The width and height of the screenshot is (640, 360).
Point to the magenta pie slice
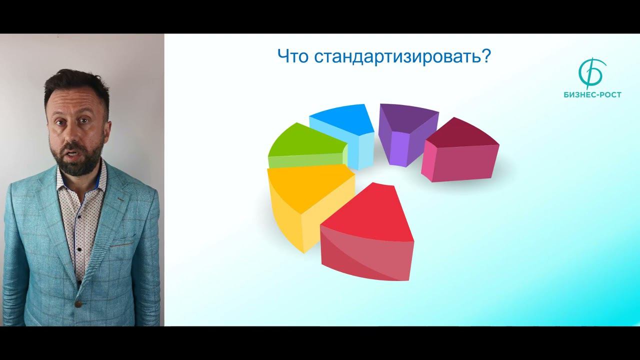coord(460,155)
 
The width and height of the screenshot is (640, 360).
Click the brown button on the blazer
coord(77,303)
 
